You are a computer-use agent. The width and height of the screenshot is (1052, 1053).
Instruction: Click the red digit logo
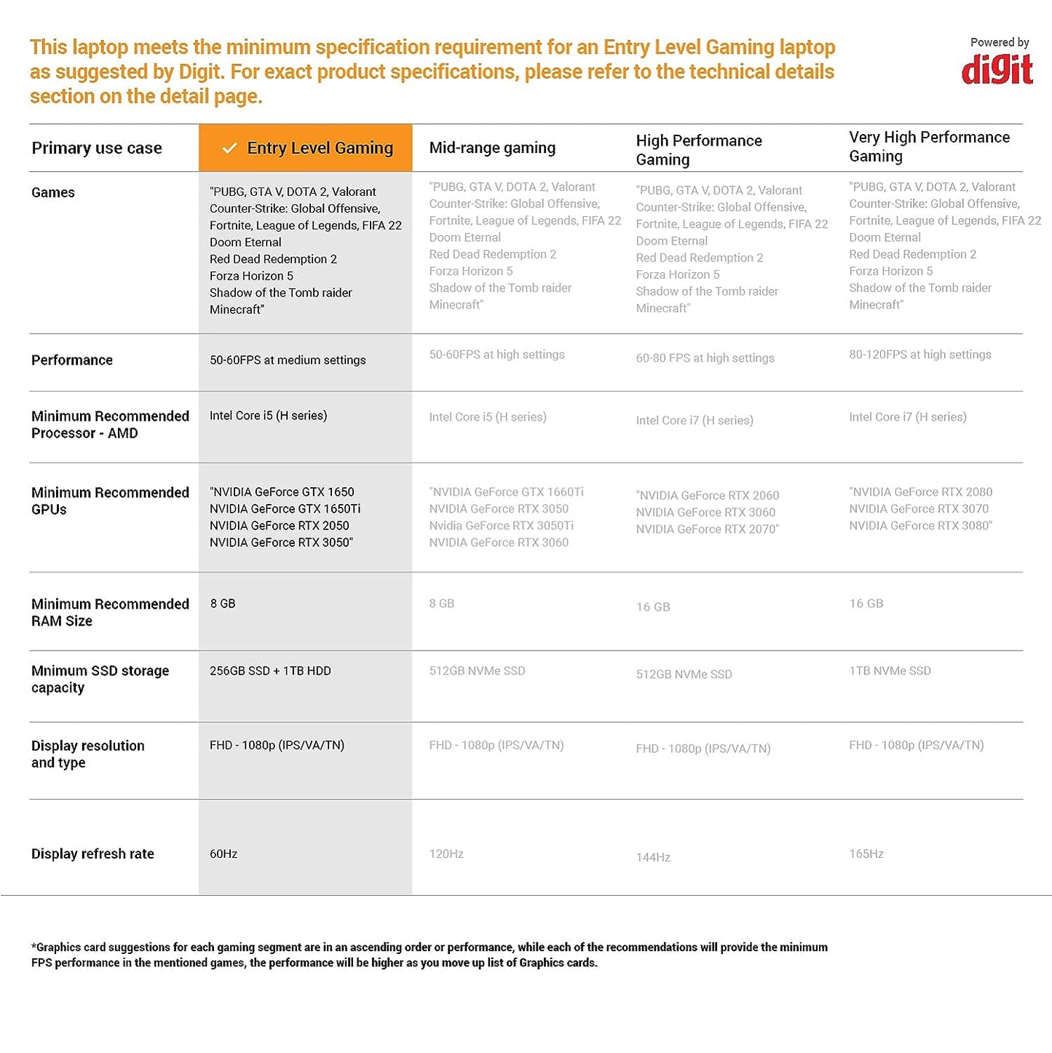coord(997,70)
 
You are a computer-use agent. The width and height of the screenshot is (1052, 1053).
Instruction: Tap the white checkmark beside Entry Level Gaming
coord(229,149)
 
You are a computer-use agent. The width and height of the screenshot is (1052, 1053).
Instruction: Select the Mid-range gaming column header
coord(492,148)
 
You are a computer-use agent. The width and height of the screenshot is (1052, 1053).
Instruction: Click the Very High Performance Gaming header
coord(929,146)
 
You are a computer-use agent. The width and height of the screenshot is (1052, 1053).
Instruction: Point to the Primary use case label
coord(97,148)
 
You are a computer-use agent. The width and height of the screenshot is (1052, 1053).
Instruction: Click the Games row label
coord(53,192)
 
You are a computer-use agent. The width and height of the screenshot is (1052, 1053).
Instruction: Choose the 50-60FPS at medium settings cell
coord(288,360)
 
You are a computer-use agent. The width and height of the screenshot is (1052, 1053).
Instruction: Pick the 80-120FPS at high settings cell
coord(919,355)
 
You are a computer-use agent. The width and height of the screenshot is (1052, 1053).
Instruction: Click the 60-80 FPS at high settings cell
coord(705,358)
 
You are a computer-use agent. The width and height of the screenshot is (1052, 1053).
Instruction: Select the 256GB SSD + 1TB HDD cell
coord(270,671)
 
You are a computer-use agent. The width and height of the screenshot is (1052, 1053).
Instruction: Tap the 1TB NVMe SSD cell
coord(890,671)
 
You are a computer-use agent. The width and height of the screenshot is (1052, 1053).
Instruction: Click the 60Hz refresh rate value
coord(224,853)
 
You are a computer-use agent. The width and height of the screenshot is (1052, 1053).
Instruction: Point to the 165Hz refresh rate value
coord(866,853)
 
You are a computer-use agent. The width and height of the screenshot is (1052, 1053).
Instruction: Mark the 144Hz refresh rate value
coord(653,857)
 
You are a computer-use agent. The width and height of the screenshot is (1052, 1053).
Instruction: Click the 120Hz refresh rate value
coord(446,853)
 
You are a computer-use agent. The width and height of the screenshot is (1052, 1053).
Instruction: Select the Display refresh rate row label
coord(92,853)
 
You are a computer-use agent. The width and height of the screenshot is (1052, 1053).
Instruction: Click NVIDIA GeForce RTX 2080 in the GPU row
coord(922,492)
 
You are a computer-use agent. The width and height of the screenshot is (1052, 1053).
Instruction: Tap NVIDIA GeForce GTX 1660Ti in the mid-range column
coord(507,492)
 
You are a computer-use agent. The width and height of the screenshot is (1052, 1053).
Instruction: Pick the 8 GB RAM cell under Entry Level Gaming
coord(223,604)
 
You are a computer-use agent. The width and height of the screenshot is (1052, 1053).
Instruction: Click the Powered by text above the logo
coord(999,42)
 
